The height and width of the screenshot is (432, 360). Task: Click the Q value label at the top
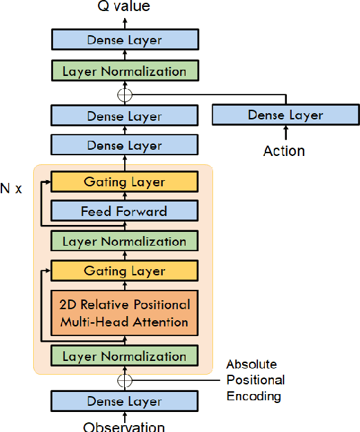pos(125,7)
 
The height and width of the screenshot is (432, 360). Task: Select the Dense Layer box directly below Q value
pos(125,40)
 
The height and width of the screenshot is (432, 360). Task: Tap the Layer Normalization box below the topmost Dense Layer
pos(125,71)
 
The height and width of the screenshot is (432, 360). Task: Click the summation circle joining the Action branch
pos(125,95)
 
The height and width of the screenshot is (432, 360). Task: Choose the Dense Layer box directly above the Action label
pos(286,115)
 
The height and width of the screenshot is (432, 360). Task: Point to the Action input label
pos(284,150)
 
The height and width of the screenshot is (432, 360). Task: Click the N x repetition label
pos(11,188)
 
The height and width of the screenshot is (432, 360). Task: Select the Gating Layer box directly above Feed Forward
pos(125,182)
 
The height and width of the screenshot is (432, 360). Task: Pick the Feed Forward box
pos(125,211)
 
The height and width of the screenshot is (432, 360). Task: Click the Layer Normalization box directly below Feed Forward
pos(125,241)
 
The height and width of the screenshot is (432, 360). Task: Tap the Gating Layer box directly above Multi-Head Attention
pos(125,271)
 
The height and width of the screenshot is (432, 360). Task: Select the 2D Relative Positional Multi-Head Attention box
pos(125,313)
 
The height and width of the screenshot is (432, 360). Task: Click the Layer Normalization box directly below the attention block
pos(125,356)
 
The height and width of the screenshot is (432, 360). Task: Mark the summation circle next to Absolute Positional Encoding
pos(125,380)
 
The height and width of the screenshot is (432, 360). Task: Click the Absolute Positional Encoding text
pos(255,380)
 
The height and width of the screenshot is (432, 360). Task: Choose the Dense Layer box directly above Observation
pos(125,402)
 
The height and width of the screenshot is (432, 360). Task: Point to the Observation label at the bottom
pos(125,426)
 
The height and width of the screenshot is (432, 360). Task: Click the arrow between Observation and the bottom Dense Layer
pos(125,417)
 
